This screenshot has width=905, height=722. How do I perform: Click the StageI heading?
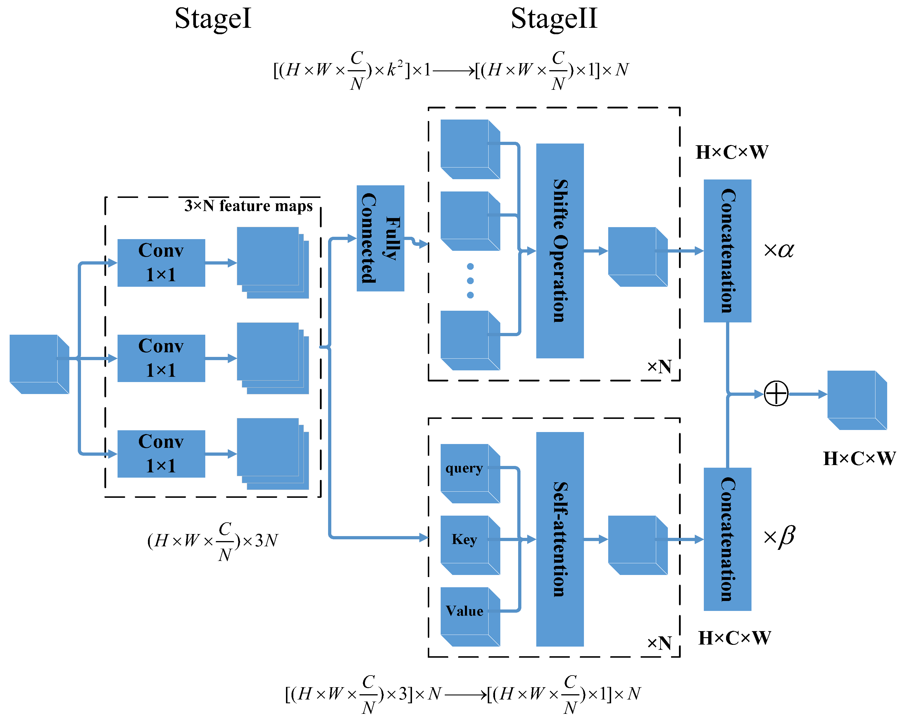(x=213, y=19)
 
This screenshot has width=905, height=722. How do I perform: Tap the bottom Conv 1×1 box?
(x=161, y=454)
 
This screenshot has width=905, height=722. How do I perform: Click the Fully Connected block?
(x=380, y=238)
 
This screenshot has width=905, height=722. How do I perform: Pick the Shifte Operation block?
(x=560, y=251)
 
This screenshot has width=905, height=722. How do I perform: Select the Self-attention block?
(x=560, y=539)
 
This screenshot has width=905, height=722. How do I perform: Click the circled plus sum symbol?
(x=776, y=393)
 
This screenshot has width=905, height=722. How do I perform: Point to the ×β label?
(x=779, y=537)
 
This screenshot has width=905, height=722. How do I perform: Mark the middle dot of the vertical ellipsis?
(x=470, y=281)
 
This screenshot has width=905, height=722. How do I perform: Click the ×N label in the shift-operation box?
(x=659, y=367)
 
